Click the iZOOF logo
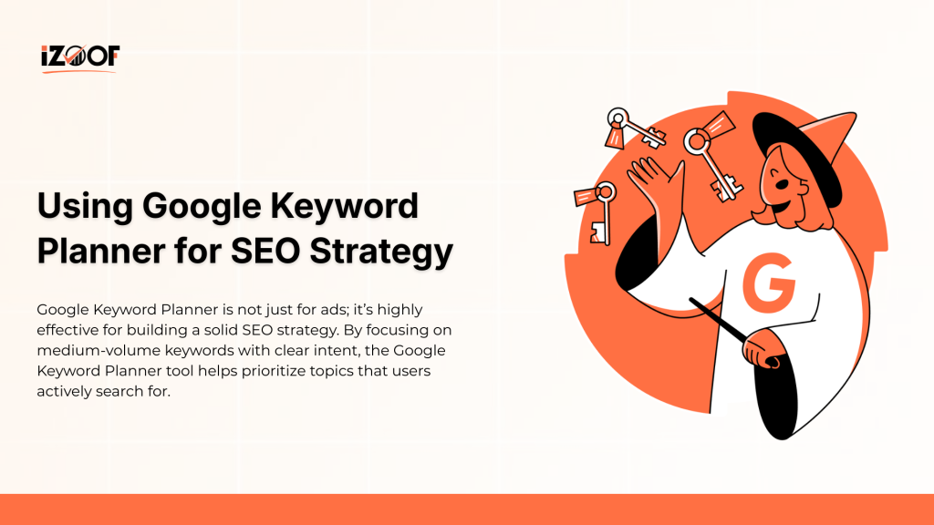(x=79, y=57)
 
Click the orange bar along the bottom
(x=467, y=510)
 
